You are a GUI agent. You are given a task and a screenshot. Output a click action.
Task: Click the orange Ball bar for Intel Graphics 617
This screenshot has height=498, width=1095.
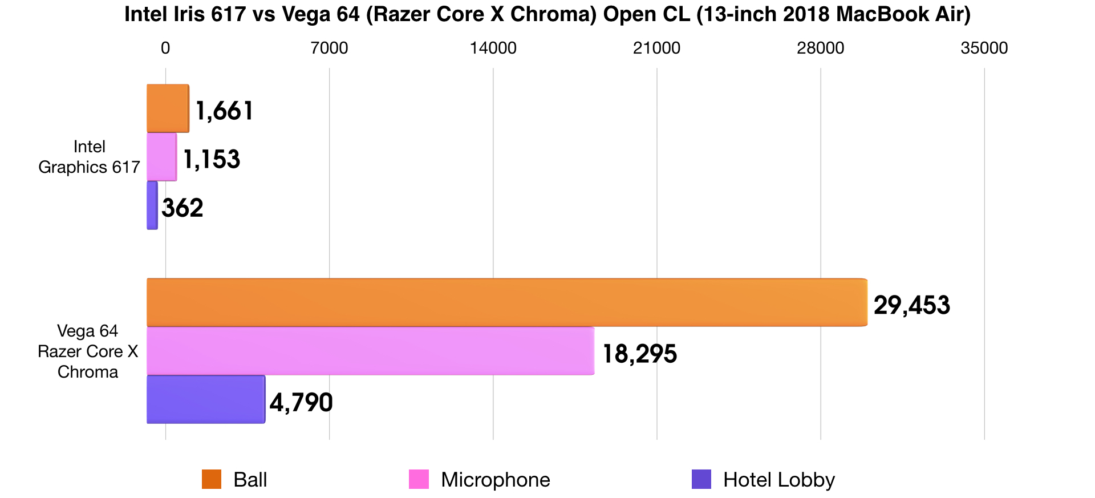tap(168, 108)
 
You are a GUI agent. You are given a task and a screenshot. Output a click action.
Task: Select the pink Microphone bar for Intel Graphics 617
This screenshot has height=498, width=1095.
tap(162, 157)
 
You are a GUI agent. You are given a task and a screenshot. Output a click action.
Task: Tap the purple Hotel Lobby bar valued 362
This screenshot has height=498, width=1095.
tap(152, 205)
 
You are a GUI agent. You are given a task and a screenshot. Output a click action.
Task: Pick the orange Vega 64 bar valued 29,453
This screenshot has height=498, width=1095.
tap(506, 302)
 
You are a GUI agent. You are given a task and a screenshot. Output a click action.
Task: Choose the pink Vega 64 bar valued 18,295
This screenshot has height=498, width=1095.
tap(370, 351)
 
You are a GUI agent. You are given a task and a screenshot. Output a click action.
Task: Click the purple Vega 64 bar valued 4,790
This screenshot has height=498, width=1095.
tap(206, 399)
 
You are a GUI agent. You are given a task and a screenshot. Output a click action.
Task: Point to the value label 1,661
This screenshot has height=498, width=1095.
tap(224, 111)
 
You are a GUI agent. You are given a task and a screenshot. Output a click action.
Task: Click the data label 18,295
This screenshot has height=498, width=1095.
tap(639, 354)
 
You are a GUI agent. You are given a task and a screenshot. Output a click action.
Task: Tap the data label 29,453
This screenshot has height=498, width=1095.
tap(911, 305)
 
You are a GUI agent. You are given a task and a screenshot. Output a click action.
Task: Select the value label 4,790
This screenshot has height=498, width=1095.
tap(301, 402)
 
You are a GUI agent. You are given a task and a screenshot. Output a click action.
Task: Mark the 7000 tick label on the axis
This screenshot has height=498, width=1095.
tap(329, 48)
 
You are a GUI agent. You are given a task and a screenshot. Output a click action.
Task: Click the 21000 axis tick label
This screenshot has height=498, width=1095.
tap(656, 48)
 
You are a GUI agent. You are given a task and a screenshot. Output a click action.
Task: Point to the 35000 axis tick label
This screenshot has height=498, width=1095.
tap(984, 48)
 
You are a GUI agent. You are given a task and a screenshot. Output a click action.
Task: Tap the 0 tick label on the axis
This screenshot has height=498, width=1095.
tap(165, 48)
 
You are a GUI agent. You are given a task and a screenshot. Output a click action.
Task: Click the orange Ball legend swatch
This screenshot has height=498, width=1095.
tap(212, 479)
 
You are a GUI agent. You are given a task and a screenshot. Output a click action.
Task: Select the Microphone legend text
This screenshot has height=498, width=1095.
tap(495, 480)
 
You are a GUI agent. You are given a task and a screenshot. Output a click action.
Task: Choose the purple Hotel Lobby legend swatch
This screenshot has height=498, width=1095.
tap(701, 479)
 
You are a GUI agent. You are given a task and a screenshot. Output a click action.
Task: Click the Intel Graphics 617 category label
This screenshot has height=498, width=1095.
tap(89, 157)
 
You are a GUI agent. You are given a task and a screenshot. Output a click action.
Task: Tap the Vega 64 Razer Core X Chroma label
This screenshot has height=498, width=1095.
tap(88, 351)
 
